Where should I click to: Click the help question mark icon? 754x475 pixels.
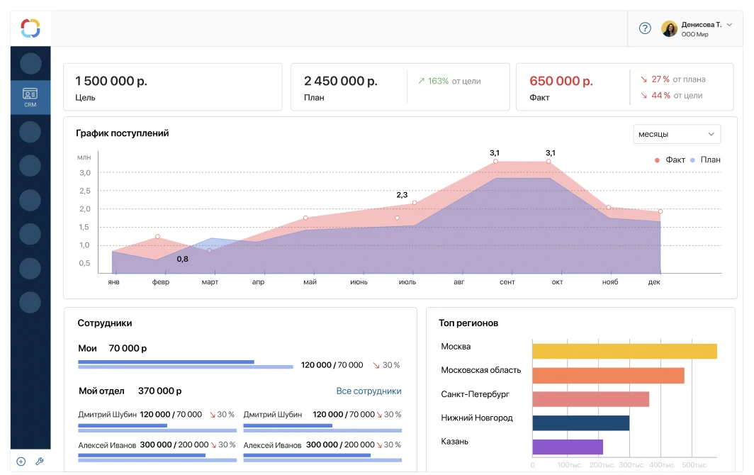645,28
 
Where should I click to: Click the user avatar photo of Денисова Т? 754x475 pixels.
669,28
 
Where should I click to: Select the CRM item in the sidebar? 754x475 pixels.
30,97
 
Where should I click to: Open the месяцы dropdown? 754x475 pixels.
676,134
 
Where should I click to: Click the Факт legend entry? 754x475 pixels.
670,160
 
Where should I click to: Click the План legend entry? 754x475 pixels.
706,160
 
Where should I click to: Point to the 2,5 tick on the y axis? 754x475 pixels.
85,191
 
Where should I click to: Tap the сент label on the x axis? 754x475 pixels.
507,282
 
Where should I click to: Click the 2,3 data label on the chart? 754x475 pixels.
402,194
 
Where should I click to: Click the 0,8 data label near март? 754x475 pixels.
182,259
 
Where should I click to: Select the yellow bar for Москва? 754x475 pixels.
624,352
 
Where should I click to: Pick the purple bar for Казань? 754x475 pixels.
567,447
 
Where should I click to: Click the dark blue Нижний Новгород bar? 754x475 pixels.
580,423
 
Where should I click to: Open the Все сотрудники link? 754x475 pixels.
368,391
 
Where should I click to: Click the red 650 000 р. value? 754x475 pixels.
561,81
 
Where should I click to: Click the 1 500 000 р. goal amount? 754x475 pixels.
111,81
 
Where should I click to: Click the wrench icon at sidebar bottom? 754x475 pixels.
40,462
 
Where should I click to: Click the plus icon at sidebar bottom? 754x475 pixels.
21,462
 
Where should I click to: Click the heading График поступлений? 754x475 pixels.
123,133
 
